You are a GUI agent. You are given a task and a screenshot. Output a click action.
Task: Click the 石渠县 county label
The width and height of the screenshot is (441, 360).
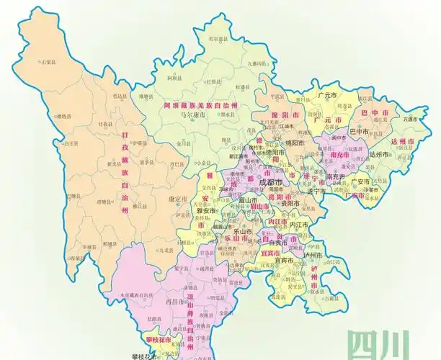point(49,63)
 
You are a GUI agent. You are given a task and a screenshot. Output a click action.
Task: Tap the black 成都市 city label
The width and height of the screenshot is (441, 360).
point(271,182)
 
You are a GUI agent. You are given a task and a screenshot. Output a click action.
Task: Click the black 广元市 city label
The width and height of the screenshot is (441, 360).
point(329,95)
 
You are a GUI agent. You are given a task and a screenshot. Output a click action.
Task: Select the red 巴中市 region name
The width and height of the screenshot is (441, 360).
point(375,113)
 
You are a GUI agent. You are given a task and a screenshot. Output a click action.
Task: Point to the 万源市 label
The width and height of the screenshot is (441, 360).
point(411,118)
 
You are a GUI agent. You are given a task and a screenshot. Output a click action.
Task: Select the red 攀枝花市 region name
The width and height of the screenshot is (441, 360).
point(157,339)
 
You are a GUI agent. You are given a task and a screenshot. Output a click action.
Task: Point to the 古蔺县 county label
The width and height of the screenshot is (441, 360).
point(331,297)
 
